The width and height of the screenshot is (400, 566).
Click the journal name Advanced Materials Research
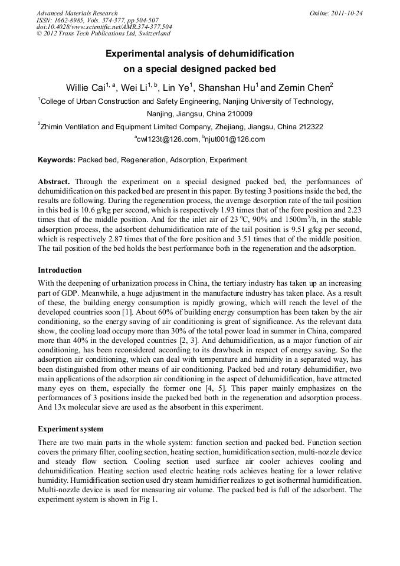[77, 13]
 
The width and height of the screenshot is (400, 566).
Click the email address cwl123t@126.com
[168, 139]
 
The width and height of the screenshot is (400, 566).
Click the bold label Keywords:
[57, 160]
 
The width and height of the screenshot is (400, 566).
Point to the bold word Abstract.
[54, 182]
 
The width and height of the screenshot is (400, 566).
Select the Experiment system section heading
[70, 428]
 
